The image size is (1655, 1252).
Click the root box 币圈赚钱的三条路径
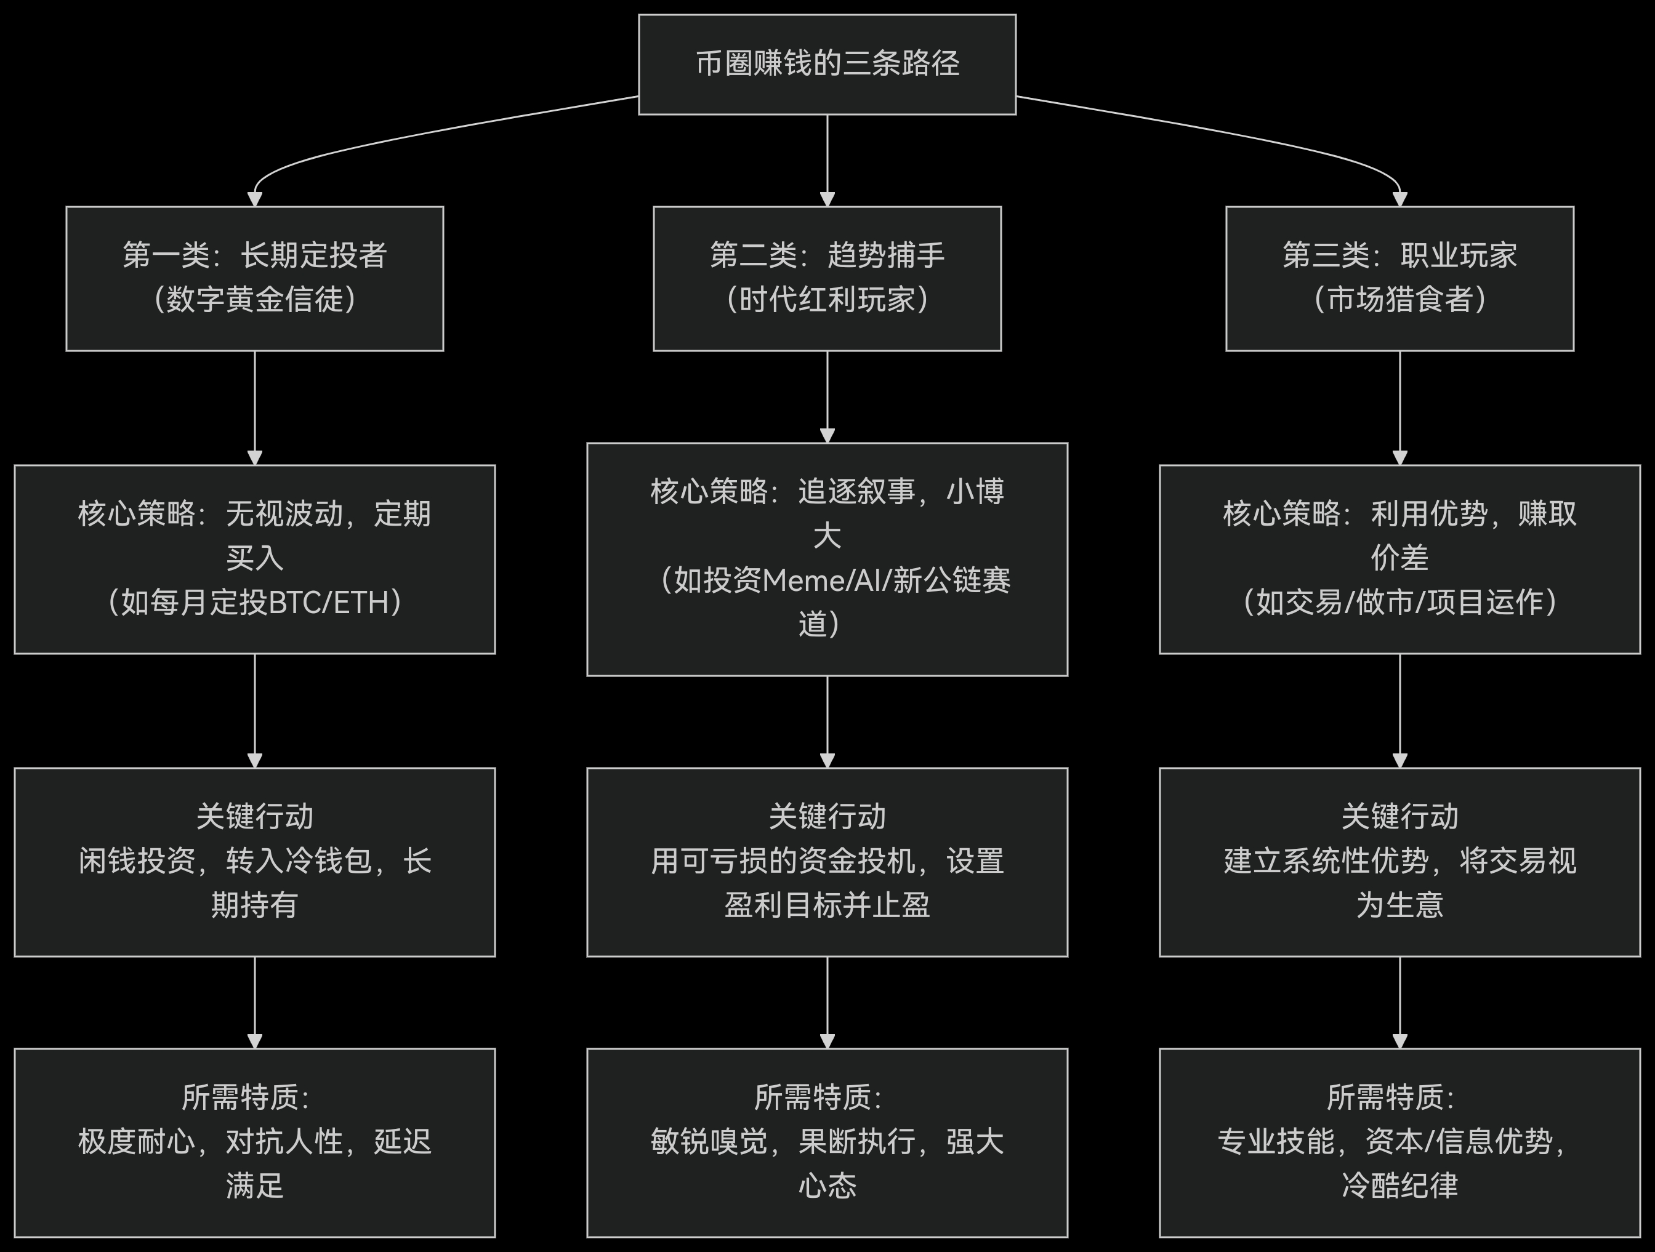827,64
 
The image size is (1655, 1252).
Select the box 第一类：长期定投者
254,278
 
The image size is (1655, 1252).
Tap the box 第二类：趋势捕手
827,278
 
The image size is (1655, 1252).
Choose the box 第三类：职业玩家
1399,278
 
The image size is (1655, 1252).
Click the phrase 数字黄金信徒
254,300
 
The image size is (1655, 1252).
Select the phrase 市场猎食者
1399,300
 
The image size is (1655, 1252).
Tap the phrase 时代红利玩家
827,300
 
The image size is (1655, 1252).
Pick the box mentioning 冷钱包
254,862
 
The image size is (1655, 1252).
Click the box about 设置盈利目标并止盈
827,862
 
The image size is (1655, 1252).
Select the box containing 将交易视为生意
1399,862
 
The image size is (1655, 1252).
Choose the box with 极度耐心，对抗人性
254,1142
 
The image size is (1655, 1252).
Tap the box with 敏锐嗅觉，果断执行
827,1142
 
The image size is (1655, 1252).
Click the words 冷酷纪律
1399,1186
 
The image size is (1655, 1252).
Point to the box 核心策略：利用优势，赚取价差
1399,559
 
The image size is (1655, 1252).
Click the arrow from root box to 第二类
827,160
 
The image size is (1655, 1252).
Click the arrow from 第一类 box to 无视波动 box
254,407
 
